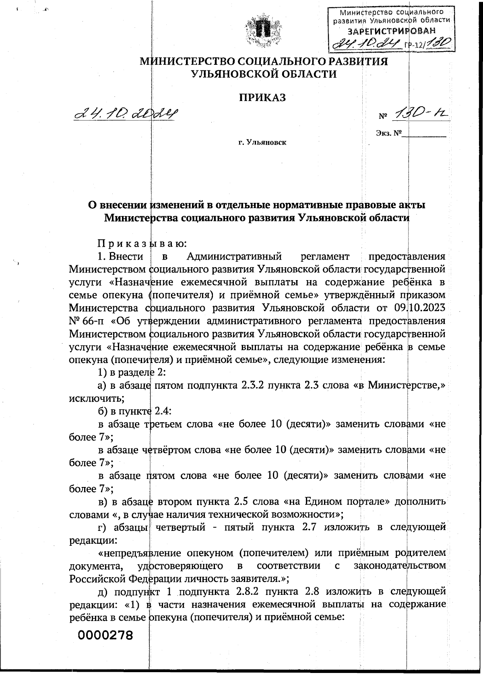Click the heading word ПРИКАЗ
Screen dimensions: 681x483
263,98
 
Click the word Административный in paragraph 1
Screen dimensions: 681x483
234,256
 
